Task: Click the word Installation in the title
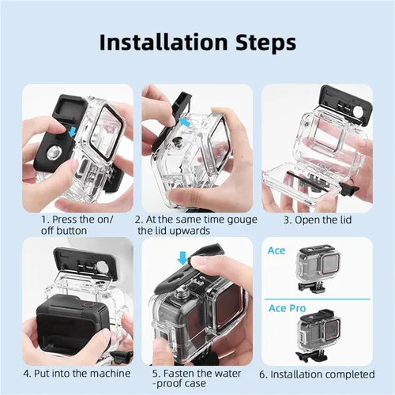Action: pyautogui.click(x=164, y=42)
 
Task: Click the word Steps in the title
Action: pyautogui.click(x=265, y=43)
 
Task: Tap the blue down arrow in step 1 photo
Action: pyautogui.click(x=72, y=132)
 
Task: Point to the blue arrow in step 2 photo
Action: pyautogui.click(x=186, y=122)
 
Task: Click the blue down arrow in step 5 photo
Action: pyautogui.click(x=182, y=258)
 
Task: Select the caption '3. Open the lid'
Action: pyautogui.click(x=318, y=220)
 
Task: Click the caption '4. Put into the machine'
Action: pyautogui.click(x=77, y=374)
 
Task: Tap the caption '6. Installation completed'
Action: pyautogui.click(x=317, y=374)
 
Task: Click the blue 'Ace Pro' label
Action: pyautogui.click(x=287, y=308)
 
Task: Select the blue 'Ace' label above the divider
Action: pyautogui.click(x=276, y=250)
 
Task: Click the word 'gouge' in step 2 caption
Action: pyautogui.click(x=242, y=220)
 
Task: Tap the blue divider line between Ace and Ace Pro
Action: pyautogui.click(x=318, y=299)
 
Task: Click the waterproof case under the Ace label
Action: pyautogui.click(x=318, y=268)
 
